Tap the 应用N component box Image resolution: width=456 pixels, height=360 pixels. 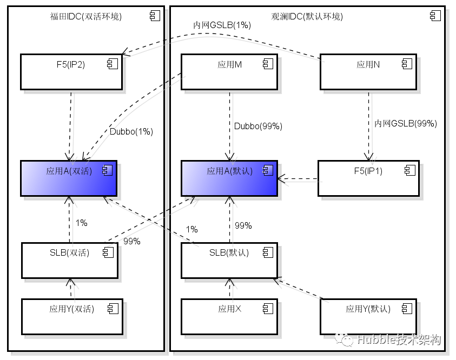click(x=368, y=71)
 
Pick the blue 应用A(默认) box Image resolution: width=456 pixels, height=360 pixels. click(x=229, y=178)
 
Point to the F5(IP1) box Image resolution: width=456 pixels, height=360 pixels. click(x=368, y=178)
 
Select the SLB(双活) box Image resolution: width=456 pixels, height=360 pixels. click(x=69, y=260)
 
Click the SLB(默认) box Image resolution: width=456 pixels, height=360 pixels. click(x=229, y=260)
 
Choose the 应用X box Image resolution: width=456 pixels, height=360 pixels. click(x=229, y=316)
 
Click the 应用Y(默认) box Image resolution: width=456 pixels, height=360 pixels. click(x=368, y=316)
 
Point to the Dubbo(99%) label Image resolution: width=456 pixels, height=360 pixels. click(x=258, y=126)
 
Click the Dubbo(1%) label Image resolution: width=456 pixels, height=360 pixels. click(x=131, y=131)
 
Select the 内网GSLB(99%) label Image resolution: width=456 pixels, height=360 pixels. click(x=406, y=123)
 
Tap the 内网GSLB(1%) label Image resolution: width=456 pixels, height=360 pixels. click(x=222, y=25)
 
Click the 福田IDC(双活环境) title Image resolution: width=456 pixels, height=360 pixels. click(x=85, y=16)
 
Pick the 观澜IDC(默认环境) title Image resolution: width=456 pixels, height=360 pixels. click(x=307, y=16)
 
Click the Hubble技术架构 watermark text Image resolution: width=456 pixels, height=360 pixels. click(x=399, y=339)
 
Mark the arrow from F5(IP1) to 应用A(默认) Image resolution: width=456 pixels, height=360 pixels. click(x=298, y=178)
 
